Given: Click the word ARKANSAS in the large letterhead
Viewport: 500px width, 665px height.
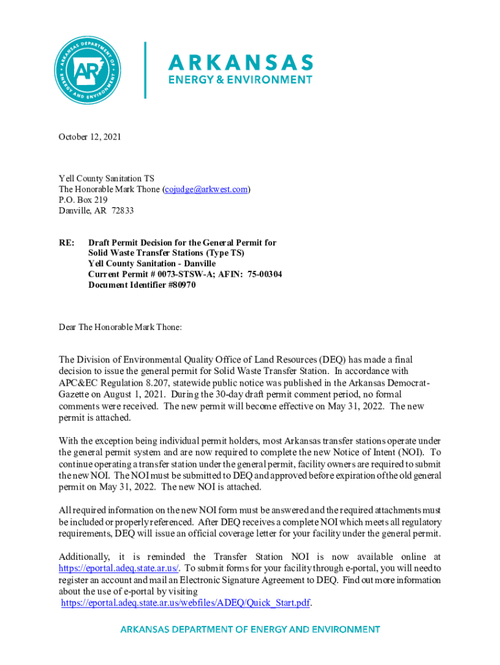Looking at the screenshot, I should [x=241, y=63].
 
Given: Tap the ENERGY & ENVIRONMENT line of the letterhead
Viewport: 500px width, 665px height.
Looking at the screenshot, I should [x=240, y=80].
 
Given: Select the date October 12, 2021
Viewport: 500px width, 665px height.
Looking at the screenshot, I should [x=90, y=137].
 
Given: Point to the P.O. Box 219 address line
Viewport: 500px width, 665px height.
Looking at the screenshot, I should [x=83, y=200].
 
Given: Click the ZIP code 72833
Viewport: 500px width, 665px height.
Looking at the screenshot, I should [x=123, y=210].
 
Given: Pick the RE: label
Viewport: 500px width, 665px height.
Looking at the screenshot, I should [x=66, y=243].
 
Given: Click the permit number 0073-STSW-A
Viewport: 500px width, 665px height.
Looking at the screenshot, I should [x=171, y=274].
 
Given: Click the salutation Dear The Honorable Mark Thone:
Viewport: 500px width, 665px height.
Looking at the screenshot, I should [x=120, y=327].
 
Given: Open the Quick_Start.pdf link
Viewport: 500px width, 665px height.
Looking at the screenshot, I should [x=186, y=603].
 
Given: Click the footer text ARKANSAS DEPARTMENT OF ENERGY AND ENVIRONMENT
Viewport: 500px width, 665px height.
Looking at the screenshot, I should [x=250, y=630].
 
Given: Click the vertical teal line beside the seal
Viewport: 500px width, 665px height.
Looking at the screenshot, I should [x=145, y=70].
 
